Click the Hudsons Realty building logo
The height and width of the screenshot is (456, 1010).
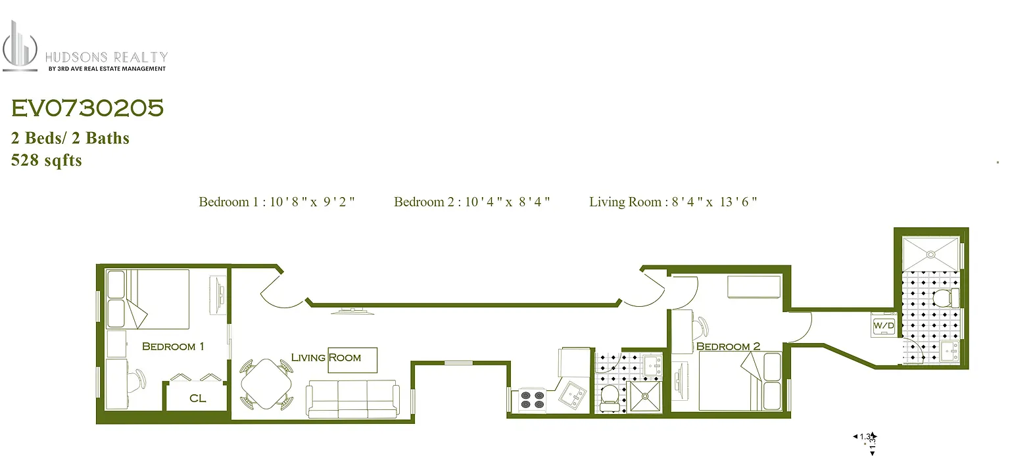coord(20,46)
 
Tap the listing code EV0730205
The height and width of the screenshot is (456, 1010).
coord(87,109)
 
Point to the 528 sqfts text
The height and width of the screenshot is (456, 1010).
coord(46,160)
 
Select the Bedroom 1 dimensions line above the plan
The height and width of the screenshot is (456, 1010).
coord(277,202)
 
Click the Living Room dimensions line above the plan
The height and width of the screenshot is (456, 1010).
coord(673,202)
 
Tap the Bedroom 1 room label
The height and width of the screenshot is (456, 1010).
coord(173,346)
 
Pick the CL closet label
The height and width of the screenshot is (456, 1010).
coord(197,398)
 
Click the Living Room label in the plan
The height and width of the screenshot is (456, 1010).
coord(326,357)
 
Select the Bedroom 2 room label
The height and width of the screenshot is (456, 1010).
coord(728,346)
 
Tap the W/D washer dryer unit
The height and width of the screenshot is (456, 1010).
coord(882,325)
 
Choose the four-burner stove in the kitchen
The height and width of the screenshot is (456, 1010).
coord(532,399)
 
